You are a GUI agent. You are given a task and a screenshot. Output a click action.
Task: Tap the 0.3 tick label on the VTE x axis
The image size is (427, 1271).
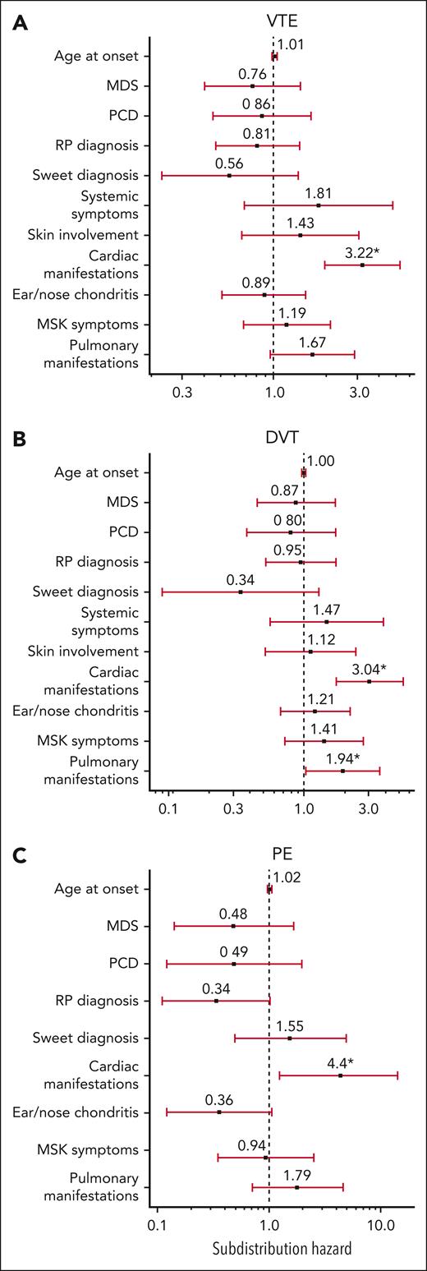182,392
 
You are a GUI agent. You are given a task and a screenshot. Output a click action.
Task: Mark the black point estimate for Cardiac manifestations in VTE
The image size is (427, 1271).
362,265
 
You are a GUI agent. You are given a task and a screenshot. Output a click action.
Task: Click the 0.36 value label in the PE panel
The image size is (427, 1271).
219,1099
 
